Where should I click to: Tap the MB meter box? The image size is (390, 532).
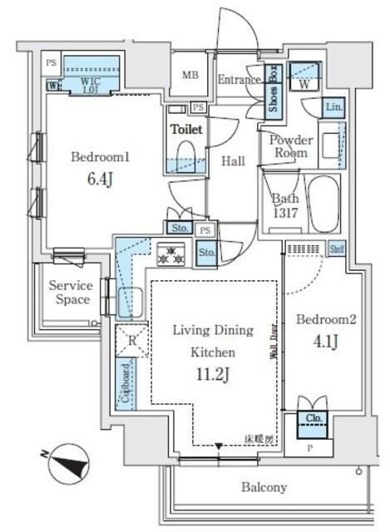[189, 74]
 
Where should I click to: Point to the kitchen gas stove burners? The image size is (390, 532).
[170, 254]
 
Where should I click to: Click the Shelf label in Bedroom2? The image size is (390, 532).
[337, 248]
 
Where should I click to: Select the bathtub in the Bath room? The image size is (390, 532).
[323, 204]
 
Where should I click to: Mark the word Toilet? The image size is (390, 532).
[187, 131]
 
